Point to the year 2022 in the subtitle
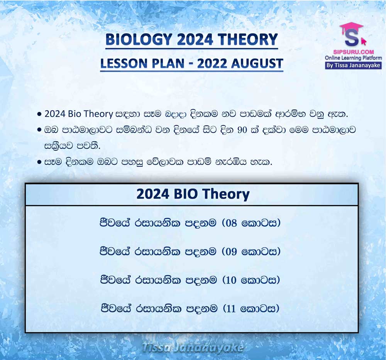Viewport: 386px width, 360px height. tap(212, 63)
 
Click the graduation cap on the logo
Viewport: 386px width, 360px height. tap(351, 27)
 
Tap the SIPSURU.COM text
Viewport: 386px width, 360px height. tap(354, 52)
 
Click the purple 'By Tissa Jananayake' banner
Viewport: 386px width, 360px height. tap(353, 66)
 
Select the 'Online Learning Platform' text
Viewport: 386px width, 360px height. tap(353, 58)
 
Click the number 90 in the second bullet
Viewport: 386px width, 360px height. tap(242, 130)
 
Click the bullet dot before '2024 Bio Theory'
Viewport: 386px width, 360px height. tap(39, 114)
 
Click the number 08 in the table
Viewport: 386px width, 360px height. tap(231, 223)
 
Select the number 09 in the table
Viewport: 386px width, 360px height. tap(231, 252)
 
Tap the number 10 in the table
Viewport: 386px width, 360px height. tap(231, 280)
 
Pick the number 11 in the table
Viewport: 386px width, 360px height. tap(231, 309)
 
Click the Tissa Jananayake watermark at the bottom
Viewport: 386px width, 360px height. tap(193, 347)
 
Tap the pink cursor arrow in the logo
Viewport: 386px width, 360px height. tap(364, 41)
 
